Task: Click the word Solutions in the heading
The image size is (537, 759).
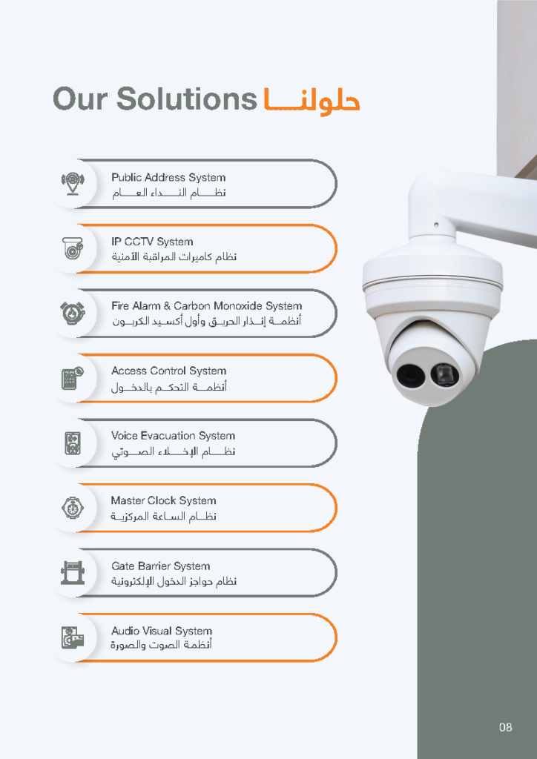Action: click(x=186, y=99)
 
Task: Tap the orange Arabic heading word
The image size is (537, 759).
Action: click(x=312, y=100)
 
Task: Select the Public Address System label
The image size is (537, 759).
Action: click(x=168, y=178)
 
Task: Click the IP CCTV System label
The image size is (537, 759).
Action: click(x=152, y=242)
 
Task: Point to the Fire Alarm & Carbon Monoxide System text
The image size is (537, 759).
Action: click(x=207, y=306)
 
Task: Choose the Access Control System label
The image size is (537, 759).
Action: click(x=168, y=371)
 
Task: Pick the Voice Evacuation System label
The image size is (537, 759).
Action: click(x=173, y=436)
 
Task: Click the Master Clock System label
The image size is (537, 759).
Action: click(x=163, y=500)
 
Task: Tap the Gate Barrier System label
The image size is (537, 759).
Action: click(x=161, y=566)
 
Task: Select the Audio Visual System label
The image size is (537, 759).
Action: click(x=162, y=631)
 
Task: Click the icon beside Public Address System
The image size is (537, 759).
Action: click(x=73, y=184)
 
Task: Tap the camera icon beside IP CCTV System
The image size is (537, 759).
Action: click(x=73, y=248)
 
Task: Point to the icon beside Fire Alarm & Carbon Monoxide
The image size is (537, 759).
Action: click(x=73, y=313)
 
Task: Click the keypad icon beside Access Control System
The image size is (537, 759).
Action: click(x=73, y=378)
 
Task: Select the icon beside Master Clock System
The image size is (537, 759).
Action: click(x=73, y=508)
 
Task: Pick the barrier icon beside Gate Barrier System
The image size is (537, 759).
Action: click(x=73, y=573)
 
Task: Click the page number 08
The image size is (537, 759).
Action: click(x=506, y=727)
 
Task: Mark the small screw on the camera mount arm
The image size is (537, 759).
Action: click(x=436, y=225)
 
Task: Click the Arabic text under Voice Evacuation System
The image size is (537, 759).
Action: click(x=173, y=451)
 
